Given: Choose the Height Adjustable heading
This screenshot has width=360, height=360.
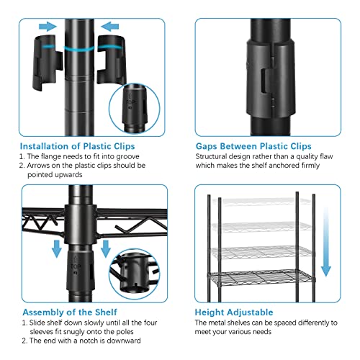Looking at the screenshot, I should pos(234,312).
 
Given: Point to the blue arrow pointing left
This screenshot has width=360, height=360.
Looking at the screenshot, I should pos(109,26).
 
